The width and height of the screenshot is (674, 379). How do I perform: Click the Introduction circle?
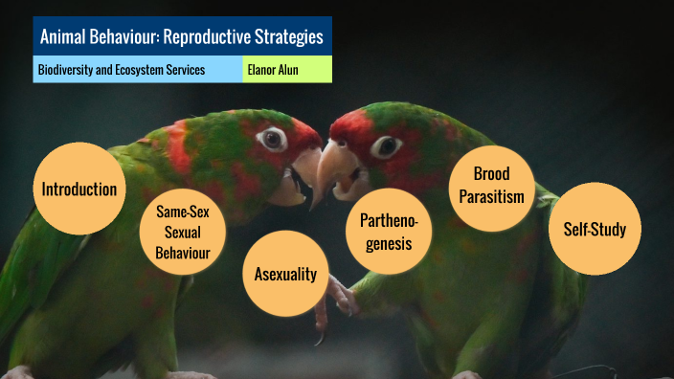click(x=79, y=189)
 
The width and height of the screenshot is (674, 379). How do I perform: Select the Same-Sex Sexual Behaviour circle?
click(x=182, y=232)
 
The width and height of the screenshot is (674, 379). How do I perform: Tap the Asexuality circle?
click(x=285, y=275)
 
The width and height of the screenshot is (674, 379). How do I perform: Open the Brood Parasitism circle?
click(x=491, y=186)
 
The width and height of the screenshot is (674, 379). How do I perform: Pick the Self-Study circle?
click(x=594, y=229)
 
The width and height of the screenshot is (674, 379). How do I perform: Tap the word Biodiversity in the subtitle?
click(x=68, y=70)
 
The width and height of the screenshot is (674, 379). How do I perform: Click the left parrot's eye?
click(x=273, y=139)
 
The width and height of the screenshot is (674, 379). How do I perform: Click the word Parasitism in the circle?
click(x=491, y=196)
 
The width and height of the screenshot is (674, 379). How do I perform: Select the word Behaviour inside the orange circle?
click(x=182, y=253)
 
